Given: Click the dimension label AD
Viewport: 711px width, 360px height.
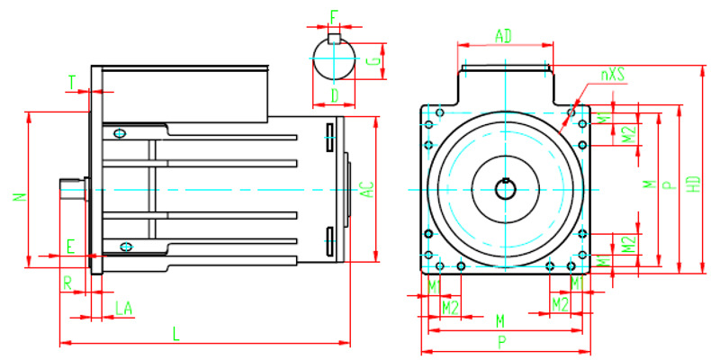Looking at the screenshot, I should point(504,35).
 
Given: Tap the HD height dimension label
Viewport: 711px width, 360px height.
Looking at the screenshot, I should point(693,183).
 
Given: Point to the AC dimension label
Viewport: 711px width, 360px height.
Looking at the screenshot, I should point(367,189).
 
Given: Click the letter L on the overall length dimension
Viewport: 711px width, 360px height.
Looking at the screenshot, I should point(176,334).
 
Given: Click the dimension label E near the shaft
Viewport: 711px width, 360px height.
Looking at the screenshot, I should point(71,245).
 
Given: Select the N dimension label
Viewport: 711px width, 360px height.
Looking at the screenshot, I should point(20,196).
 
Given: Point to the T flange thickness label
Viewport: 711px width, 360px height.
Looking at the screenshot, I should point(72,82).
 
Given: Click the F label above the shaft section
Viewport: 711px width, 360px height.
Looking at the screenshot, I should point(334,17).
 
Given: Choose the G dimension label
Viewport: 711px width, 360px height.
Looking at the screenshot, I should point(373,61).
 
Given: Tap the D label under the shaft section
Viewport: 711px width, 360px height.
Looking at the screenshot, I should point(334,94).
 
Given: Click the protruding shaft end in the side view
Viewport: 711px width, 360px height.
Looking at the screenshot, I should point(72,189).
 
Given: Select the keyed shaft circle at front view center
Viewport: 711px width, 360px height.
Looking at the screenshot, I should point(505,189).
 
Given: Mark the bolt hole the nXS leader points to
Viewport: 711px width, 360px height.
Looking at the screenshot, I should point(571,114).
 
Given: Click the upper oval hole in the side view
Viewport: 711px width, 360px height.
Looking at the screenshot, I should point(120,133).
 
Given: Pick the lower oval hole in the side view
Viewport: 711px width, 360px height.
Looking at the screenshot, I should point(126,247).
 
